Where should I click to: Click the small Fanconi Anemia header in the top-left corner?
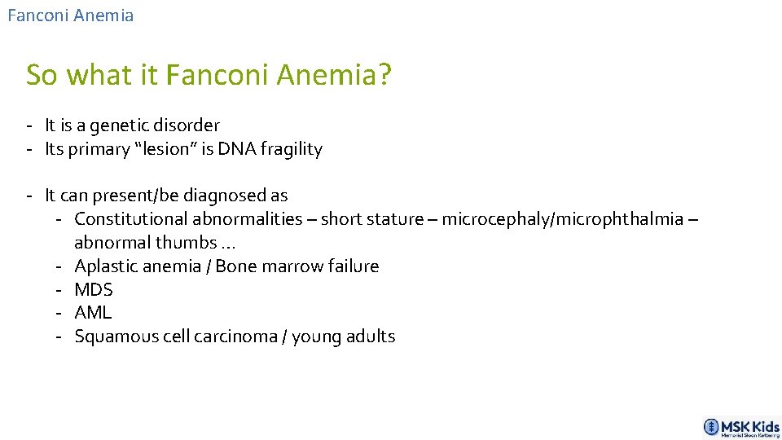pyautogui.click(x=70, y=15)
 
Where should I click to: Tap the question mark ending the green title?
pyautogui.click(x=384, y=75)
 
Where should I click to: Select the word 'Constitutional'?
pyautogui.click(x=132, y=219)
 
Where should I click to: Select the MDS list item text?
pyautogui.click(x=94, y=289)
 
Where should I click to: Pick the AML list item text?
pyautogui.click(x=93, y=313)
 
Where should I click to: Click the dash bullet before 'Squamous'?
pyautogui.click(x=60, y=337)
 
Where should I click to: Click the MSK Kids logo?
pyautogui.click(x=741, y=427)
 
